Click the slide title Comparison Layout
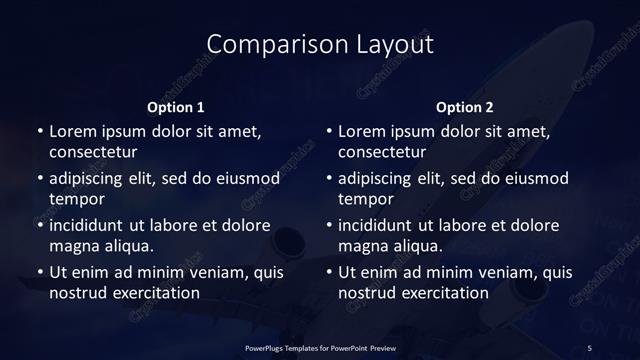tap(320, 44)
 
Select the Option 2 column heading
tap(465, 107)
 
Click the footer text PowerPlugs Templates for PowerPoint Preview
tap(320, 347)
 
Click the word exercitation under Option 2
tap(443, 293)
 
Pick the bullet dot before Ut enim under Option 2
tap(328, 272)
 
